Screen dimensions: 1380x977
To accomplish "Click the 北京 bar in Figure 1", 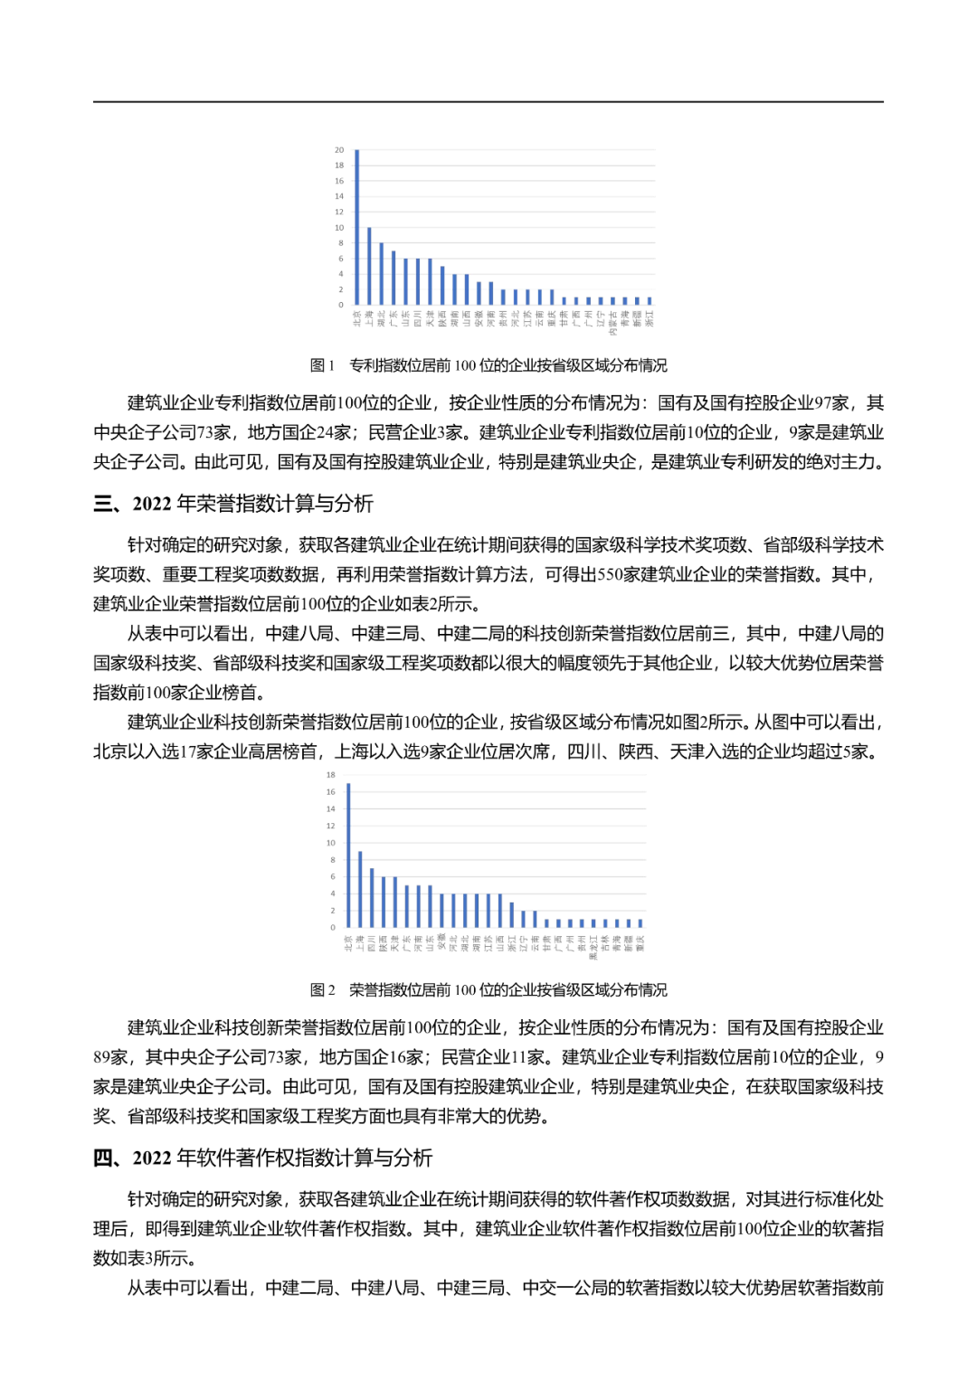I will (x=357, y=227).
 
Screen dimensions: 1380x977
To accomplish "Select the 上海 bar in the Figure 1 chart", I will (x=369, y=266).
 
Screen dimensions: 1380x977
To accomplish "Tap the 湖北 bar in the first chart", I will (x=381, y=273).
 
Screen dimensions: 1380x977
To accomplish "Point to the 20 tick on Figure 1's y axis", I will (x=339, y=150).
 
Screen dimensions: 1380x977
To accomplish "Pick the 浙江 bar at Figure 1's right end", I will (x=649, y=300).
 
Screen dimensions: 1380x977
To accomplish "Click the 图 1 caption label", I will (x=322, y=365).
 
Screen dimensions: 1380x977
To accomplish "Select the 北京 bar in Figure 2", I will (x=348, y=855).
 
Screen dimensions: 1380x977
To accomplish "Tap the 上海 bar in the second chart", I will (x=360, y=889).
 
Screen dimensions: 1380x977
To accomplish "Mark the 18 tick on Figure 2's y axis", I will (x=330, y=775).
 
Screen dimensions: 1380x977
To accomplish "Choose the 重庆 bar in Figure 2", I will (x=640, y=923).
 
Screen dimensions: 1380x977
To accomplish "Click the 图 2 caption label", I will (x=322, y=990).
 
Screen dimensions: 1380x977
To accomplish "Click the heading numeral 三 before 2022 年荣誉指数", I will (x=103, y=504).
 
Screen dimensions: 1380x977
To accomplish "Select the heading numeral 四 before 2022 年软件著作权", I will (x=103, y=1158).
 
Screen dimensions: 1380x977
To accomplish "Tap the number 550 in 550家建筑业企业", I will (x=612, y=575).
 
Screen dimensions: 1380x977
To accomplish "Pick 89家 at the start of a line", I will (x=110, y=1057).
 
